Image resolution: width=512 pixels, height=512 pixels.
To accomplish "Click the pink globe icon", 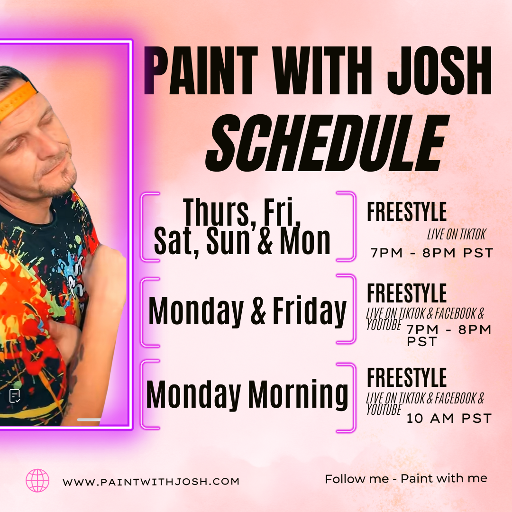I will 37,480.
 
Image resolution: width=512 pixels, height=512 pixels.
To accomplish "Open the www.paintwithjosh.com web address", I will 151,482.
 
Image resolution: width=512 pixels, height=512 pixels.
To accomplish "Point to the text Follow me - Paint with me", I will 406,479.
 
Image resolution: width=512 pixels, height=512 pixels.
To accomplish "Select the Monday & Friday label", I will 247,312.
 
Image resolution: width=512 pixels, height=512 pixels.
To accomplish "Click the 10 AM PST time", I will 448,419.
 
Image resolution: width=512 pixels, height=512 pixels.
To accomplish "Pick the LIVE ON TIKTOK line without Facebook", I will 456,234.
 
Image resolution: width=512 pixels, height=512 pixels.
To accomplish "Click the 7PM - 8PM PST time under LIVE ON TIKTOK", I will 432,253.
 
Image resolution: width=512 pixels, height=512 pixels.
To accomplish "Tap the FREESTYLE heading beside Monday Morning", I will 407,378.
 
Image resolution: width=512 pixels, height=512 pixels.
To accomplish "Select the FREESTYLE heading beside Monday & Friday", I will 407,293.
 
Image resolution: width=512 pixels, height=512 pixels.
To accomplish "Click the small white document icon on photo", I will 15,396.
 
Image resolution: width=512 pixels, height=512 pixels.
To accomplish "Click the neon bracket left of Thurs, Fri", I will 146,226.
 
